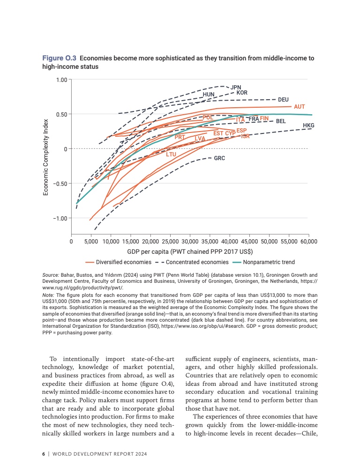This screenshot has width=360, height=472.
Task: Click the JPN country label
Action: [236, 87]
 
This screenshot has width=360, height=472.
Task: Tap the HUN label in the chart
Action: [209, 95]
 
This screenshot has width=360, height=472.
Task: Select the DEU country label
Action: [283, 100]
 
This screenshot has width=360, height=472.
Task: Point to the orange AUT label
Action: [300, 107]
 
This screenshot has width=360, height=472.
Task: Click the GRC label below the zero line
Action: [219, 158]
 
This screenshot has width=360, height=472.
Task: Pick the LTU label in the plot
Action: [171, 154]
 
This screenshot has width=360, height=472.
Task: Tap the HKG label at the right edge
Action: [308, 125]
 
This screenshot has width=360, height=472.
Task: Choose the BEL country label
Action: [281, 121]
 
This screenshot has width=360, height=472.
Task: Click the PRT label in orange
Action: [180, 137]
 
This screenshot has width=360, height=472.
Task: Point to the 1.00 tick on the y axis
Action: [61, 80]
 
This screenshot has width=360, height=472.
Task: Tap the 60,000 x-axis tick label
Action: [308, 242]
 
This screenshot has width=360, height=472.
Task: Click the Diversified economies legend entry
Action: [123, 262]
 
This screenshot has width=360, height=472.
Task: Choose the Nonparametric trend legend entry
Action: [269, 262]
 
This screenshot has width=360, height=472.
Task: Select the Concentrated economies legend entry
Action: [194, 262]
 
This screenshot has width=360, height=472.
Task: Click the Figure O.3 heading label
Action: [60, 59]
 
